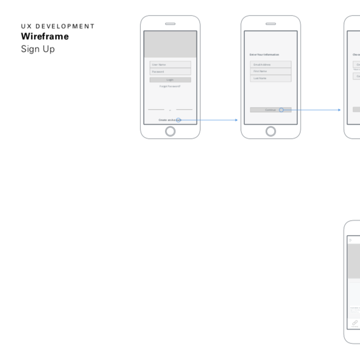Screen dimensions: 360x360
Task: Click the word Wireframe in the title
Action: tap(45, 37)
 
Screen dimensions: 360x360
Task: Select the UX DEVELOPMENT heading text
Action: tap(58, 26)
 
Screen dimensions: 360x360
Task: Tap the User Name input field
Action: tap(170, 64)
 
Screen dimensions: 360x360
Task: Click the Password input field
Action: tap(170, 71)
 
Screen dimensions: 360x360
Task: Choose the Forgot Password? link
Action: tap(170, 86)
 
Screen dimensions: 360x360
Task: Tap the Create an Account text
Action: tap(168, 120)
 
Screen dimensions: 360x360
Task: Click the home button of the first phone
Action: tap(170, 131)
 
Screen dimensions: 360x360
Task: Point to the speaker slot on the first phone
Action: tap(170, 24)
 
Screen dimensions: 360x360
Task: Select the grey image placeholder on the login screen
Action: tap(170, 44)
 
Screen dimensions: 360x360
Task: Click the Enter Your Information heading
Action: tap(264, 54)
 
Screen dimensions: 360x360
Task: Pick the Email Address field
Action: tap(271, 64)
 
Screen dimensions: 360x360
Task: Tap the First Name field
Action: tap(271, 71)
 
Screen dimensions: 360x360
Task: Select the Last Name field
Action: tap(271, 78)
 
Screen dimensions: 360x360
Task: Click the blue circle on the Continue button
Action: tap(282, 110)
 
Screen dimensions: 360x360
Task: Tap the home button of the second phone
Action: tap(271, 131)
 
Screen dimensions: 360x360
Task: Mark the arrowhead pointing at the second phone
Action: tap(236, 120)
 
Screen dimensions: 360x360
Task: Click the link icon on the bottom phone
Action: tap(355, 322)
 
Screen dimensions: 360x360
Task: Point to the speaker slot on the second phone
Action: tap(271, 24)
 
